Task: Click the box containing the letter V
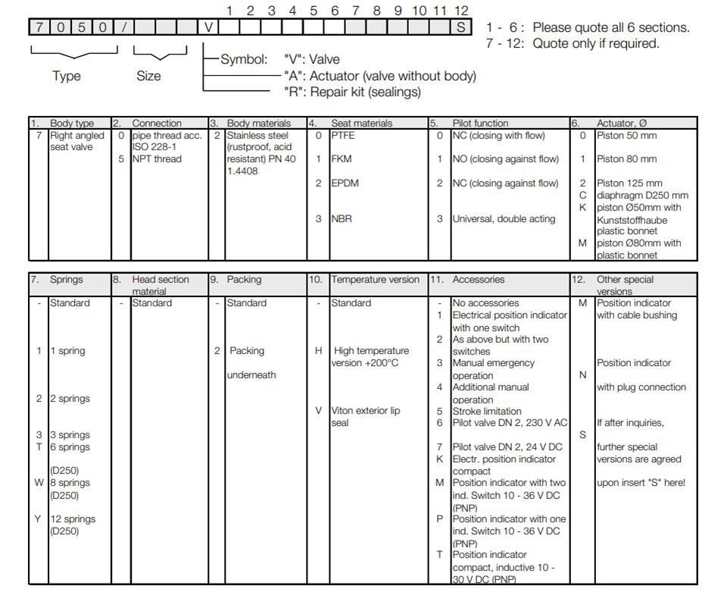209,28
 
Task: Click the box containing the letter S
460,28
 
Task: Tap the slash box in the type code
123,28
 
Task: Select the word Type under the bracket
67,76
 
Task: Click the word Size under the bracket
148,76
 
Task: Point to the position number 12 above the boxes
461,11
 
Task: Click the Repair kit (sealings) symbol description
352,92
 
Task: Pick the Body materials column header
258,123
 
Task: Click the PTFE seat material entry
343,136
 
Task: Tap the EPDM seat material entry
345,183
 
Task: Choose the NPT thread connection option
157,159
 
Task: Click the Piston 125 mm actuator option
629,183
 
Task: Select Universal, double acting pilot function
504,219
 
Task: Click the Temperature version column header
375,280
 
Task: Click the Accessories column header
478,280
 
